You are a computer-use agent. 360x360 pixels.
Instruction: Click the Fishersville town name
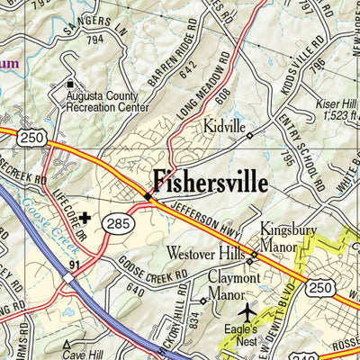[210, 183]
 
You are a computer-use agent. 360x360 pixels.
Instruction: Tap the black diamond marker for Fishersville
[148, 195]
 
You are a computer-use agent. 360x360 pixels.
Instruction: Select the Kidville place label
[224, 128]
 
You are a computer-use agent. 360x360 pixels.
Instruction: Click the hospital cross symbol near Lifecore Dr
[85, 217]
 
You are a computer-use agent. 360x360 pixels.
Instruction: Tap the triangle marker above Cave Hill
[65, 344]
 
